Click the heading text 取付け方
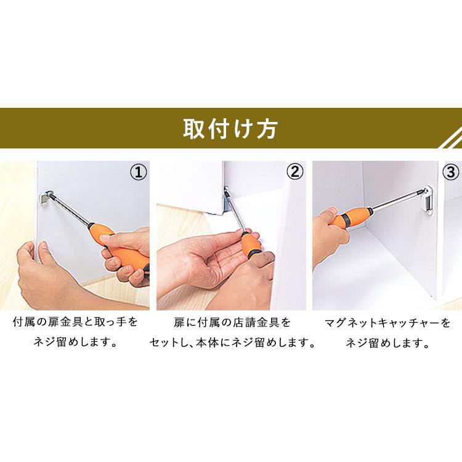tap(230, 129)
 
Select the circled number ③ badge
tap(450, 172)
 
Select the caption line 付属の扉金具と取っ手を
tap(75, 322)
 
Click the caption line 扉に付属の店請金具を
tap(232, 322)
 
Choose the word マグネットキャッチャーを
tap(387, 322)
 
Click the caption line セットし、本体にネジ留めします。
tap(232, 342)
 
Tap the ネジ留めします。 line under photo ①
tap(75, 342)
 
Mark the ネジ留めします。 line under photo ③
tap(387, 342)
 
